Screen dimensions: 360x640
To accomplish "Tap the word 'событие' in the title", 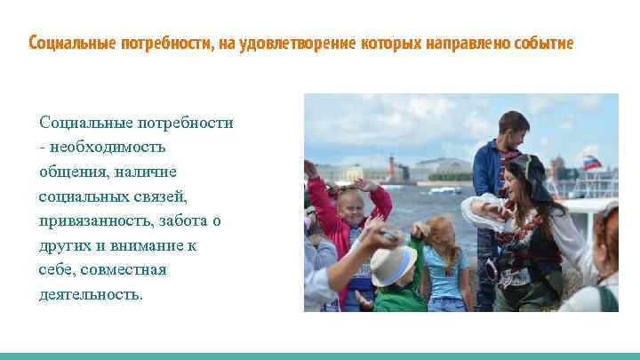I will pos(545,44).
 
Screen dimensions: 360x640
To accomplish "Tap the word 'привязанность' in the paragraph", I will pos(92,220).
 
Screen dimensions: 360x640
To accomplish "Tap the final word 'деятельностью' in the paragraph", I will pos(90,294).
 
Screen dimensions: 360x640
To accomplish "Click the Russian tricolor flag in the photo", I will pos(590,162).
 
